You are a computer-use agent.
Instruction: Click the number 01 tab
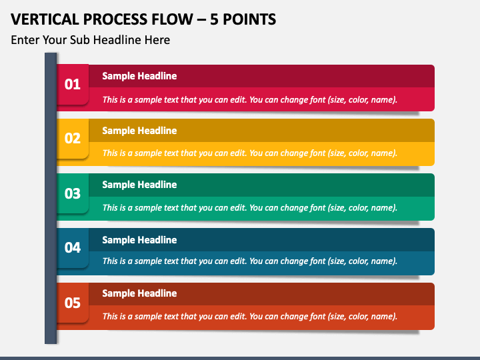pos(72,84)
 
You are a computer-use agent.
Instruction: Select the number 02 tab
pos(72,139)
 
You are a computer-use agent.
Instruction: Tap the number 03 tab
pos(72,193)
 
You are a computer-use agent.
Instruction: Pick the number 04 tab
pos(72,248)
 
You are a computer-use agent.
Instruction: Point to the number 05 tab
pos(72,303)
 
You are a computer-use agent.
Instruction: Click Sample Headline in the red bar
pos(139,76)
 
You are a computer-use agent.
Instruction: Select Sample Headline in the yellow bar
pos(139,131)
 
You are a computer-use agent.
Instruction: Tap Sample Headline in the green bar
pos(139,185)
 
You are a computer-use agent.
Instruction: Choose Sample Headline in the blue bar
pos(139,240)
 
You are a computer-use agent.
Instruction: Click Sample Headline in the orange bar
pos(139,293)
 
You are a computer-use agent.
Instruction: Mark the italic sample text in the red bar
pos(250,100)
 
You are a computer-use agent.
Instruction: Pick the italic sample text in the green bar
pos(250,208)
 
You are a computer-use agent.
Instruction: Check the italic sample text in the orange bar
pos(250,317)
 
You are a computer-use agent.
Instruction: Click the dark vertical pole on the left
pos(51,200)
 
